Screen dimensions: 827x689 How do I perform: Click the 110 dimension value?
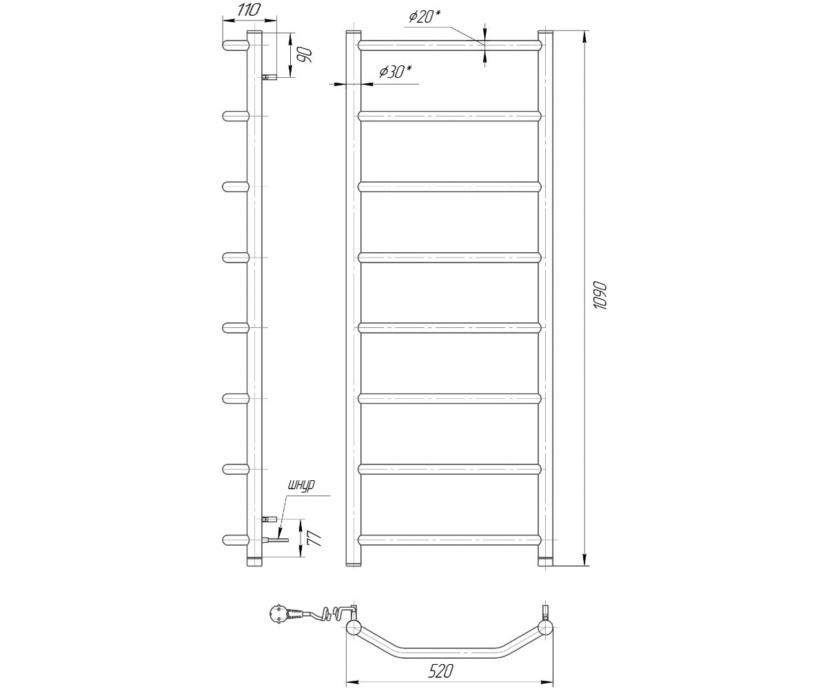(x=249, y=10)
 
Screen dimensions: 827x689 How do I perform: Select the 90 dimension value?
(x=305, y=54)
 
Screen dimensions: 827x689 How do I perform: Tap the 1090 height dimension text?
(x=600, y=296)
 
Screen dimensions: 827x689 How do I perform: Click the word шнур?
(x=303, y=485)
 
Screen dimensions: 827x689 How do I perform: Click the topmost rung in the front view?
(x=449, y=45)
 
